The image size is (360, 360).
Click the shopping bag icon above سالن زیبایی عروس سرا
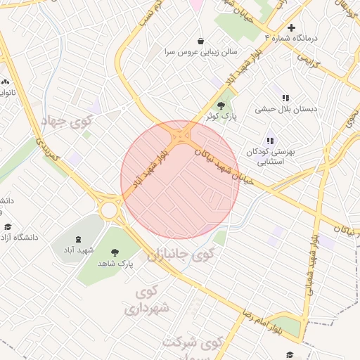201,40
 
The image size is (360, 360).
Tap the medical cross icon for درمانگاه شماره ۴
292,27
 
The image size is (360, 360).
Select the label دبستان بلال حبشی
286,109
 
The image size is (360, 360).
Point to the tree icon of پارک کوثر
221,105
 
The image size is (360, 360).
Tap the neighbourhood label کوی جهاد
67,122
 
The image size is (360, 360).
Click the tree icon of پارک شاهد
115,252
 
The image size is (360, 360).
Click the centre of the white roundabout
109,210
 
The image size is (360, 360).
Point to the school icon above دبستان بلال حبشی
285,98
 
